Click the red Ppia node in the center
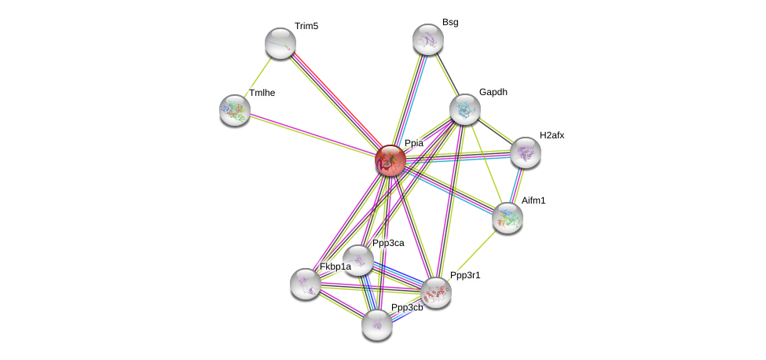point(390,160)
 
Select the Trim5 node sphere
point(280,43)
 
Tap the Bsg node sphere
point(428,39)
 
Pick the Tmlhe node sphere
point(235,110)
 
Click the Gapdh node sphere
point(464,109)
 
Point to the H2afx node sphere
point(525,152)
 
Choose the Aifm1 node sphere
point(508,218)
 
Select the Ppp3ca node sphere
point(358,260)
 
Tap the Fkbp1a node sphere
point(306,284)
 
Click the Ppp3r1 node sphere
point(436,292)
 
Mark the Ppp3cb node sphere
point(377,324)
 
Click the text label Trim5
point(306,26)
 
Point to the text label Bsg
point(450,22)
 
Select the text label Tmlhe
point(262,93)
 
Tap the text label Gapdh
point(493,92)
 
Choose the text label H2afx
point(552,135)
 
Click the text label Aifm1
point(533,200)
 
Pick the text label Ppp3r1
point(465,275)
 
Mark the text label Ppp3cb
point(407,307)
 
